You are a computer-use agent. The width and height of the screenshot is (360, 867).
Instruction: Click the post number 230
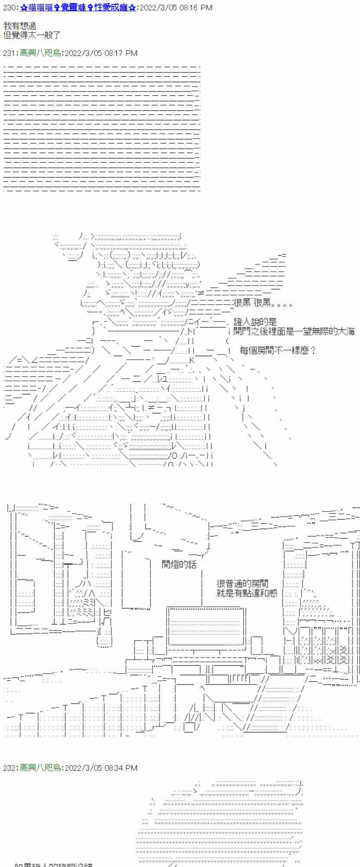[10, 8]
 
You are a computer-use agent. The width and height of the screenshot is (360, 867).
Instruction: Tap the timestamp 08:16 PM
[196, 8]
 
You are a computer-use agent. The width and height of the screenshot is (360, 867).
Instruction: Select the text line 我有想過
[20, 26]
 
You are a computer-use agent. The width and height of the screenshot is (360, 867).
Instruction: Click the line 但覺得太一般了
[32, 35]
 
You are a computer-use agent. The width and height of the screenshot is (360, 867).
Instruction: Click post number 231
[10, 53]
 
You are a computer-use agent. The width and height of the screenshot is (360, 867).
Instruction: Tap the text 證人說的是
[255, 322]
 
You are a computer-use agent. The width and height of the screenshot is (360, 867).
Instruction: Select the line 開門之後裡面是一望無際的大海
[294, 331]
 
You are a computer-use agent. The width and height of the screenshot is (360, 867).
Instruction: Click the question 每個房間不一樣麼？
[278, 350]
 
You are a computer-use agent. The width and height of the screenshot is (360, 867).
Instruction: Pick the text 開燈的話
[179, 564]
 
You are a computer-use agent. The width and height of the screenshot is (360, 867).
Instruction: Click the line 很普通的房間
[242, 583]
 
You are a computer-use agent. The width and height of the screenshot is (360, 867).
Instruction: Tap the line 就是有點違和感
[247, 593]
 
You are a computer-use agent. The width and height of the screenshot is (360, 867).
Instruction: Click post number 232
[10, 768]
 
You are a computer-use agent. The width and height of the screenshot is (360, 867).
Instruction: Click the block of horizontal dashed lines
[101, 128]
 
